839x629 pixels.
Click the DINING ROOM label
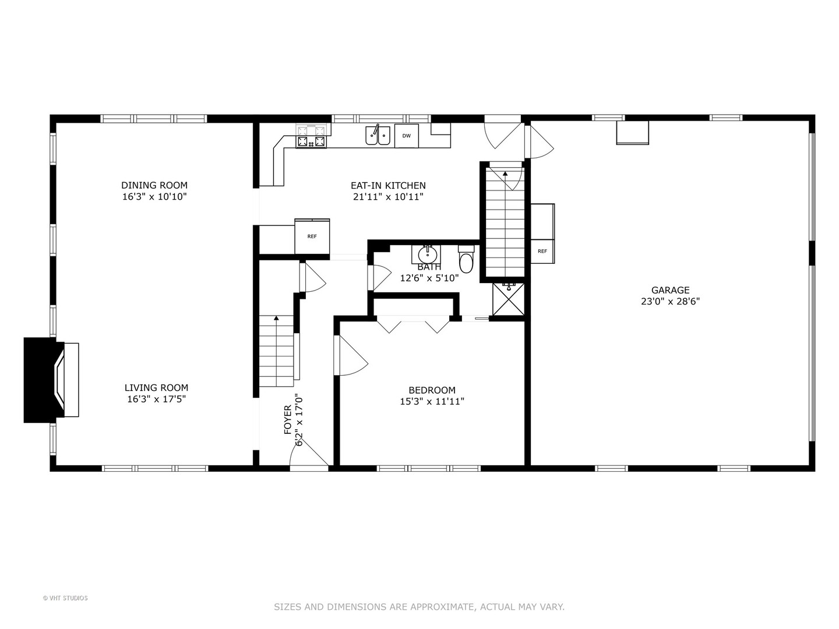[x=154, y=185]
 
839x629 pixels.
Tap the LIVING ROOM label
[x=156, y=388]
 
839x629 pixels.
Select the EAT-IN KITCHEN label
[x=388, y=186]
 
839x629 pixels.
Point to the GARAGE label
[x=670, y=290]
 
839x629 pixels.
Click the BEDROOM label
[x=432, y=390]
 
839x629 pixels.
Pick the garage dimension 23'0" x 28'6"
[x=670, y=301]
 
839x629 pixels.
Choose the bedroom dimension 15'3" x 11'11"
[x=432, y=401]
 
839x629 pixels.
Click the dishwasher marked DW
[x=406, y=136]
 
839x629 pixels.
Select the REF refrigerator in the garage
[x=542, y=251]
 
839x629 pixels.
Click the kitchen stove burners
[x=312, y=136]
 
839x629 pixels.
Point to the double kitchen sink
[x=378, y=136]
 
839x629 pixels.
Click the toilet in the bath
[x=466, y=259]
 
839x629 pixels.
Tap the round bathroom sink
[x=427, y=253]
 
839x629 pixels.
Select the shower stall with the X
[x=509, y=299]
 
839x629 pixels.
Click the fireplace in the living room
[x=51, y=380]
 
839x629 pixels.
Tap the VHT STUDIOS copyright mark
[x=65, y=598]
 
